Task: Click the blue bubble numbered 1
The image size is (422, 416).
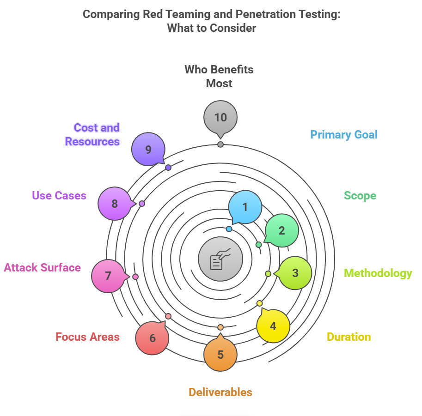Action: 245,207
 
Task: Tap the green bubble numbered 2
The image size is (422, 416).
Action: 281,230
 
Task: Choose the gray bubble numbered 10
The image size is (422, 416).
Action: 220,117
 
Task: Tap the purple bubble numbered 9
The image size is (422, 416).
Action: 148,149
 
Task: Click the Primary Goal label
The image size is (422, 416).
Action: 344,135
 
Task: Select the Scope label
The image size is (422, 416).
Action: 360,195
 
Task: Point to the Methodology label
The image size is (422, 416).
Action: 378,273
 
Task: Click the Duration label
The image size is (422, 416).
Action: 349,337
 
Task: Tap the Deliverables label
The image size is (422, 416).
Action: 220,392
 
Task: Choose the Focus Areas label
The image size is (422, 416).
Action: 87,337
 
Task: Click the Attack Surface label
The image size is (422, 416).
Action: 43,267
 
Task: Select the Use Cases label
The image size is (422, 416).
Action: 59,195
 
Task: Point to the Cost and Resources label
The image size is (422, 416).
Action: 92,134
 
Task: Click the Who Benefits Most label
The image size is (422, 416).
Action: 219,76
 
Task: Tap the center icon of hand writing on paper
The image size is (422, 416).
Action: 220,259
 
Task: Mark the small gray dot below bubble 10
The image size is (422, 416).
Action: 220,145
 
